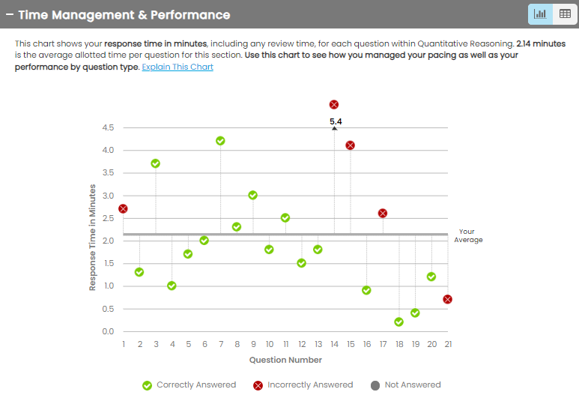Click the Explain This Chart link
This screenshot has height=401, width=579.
click(x=178, y=67)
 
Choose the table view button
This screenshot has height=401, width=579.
click(x=565, y=14)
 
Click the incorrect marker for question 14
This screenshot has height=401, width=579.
click(x=334, y=105)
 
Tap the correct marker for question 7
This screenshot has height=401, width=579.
click(x=220, y=141)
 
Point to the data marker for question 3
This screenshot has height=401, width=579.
click(x=156, y=163)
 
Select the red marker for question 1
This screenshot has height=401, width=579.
click(x=123, y=208)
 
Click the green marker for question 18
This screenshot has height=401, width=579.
click(x=398, y=322)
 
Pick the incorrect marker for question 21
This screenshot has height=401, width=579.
click(x=447, y=299)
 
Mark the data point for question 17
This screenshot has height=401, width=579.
click(x=383, y=213)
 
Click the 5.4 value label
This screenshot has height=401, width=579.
click(x=336, y=121)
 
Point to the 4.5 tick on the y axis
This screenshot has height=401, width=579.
click(x=108, y=127)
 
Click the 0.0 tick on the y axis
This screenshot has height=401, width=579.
click(x=108, y=331)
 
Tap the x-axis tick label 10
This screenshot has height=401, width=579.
click(x=269, y=344)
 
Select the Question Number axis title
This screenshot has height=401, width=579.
click(x=285, y=360)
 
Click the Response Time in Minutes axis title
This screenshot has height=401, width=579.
click(x=93, y=237)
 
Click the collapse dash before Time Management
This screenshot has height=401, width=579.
click(x=10, y=15)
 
